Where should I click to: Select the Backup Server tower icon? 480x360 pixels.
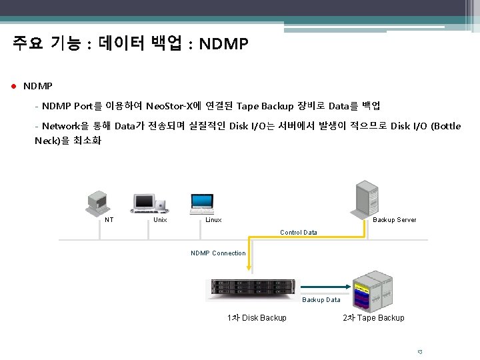tap(366, 198)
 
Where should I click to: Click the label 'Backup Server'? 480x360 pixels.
tap(394, 220)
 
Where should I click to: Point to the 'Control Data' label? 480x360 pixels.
tap(298, 233)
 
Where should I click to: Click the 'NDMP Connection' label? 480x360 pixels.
tap(218, 253)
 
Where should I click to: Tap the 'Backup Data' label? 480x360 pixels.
tap(321, 300)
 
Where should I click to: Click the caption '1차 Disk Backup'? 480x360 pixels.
tap(257, 318)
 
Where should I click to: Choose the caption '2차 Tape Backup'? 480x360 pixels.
tap(373, 318)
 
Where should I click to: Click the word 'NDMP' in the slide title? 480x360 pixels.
tap(223, 45)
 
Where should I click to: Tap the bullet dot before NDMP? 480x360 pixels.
tap(14, 87)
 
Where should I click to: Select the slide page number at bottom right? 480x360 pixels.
tap(419, 351)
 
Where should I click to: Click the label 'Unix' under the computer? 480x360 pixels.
tap(160, 220)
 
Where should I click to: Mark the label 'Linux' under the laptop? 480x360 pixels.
tap(213, 220)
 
